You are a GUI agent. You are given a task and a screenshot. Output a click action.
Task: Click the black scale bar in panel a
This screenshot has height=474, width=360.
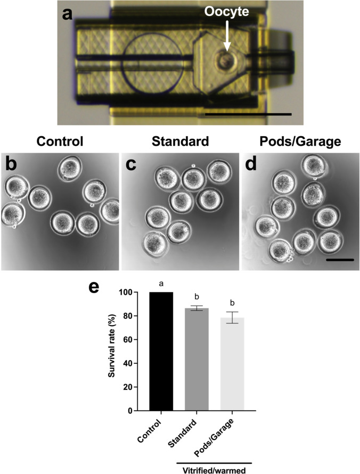248,113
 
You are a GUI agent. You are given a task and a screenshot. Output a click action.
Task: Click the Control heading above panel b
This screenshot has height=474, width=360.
60,142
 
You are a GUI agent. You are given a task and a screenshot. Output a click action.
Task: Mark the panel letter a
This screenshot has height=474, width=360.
68,14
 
